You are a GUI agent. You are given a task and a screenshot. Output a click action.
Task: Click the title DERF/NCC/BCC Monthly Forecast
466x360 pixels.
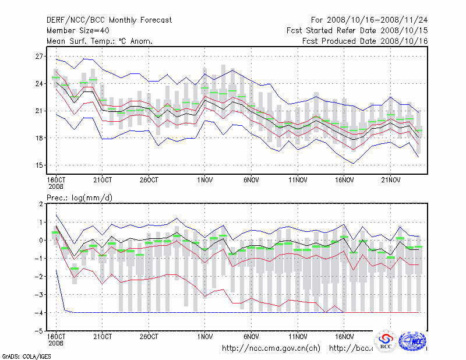tap(110, 20)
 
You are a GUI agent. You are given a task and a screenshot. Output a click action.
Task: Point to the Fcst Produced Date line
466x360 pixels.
tap(365, 41)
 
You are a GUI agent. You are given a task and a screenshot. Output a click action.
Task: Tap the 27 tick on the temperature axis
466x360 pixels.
tap(40, 57)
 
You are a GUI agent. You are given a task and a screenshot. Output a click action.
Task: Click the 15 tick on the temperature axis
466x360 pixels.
tap(40, 165)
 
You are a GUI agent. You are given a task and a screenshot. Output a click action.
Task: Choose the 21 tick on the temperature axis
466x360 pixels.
tap(40, 111)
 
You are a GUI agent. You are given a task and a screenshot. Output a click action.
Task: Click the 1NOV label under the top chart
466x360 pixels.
tap(204, 180)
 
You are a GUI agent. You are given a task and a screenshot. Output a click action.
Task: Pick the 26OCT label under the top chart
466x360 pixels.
tap(149, 180)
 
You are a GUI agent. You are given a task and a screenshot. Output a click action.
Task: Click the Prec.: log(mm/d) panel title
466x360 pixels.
tap(80, 198)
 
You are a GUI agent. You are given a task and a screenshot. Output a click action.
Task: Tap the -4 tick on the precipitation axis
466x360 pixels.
tap(40, 313)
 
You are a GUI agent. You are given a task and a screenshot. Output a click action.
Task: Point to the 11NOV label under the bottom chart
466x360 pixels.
tap(298, 337)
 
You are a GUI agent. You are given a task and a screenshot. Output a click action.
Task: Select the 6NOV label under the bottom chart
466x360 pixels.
tap(251, 337)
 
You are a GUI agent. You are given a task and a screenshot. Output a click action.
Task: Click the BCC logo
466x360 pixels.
tap(386, 341)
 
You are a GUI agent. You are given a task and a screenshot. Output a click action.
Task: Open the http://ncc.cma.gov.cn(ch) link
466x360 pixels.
tap(271, 348)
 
